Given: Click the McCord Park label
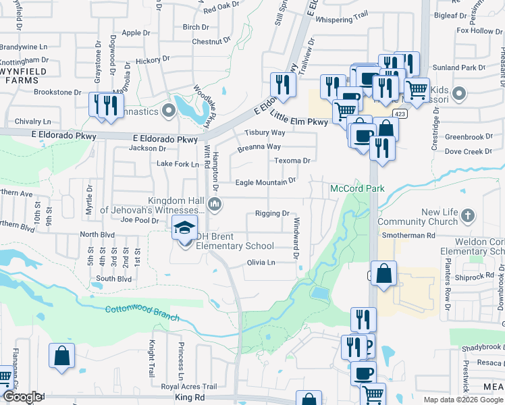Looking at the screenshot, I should point(356,188).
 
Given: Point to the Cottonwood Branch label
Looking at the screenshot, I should point(142,313).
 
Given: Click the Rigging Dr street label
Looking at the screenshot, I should point(272,213).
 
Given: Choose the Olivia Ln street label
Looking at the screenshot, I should point(261,262).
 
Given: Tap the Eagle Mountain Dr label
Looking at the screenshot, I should point(265,182).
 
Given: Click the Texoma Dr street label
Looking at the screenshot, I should point(292,161).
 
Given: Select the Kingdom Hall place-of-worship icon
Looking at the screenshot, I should point(215,204).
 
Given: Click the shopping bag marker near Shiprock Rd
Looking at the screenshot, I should point(383,274).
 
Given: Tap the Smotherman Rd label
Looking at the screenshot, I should point(408,236).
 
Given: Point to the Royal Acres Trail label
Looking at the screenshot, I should point(189,387).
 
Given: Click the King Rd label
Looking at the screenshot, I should point(189,399).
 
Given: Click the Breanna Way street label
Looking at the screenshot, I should point(259,146).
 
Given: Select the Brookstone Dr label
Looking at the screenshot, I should point(57,92).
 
